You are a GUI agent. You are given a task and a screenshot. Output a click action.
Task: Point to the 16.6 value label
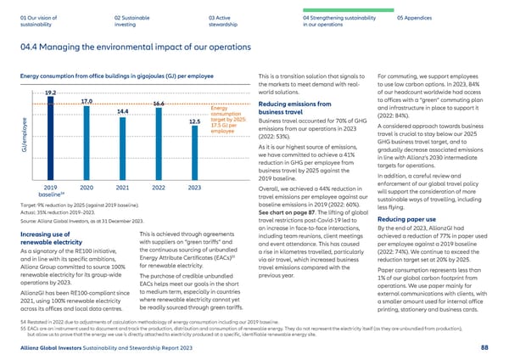coord(159,104)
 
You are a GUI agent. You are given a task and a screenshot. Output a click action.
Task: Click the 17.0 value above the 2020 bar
coord(87,102)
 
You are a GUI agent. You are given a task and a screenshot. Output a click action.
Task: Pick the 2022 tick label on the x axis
coord(158,187)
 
